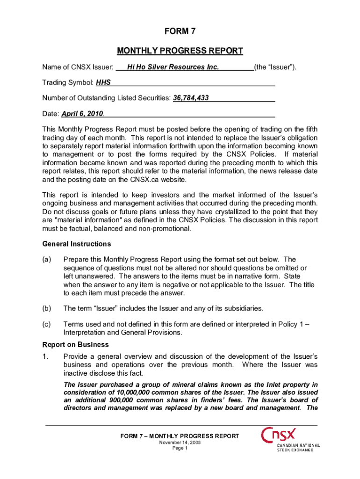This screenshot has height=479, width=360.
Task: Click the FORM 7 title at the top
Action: pos(180,32)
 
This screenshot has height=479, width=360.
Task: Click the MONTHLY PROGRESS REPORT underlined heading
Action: pos(180,51)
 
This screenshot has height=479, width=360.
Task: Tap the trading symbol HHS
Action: pos(103,83)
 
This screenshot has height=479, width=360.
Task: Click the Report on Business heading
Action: pos(75,344)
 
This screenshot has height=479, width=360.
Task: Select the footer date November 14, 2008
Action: pos(180,442)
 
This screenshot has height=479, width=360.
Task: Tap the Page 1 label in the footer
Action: pos(180,448)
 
